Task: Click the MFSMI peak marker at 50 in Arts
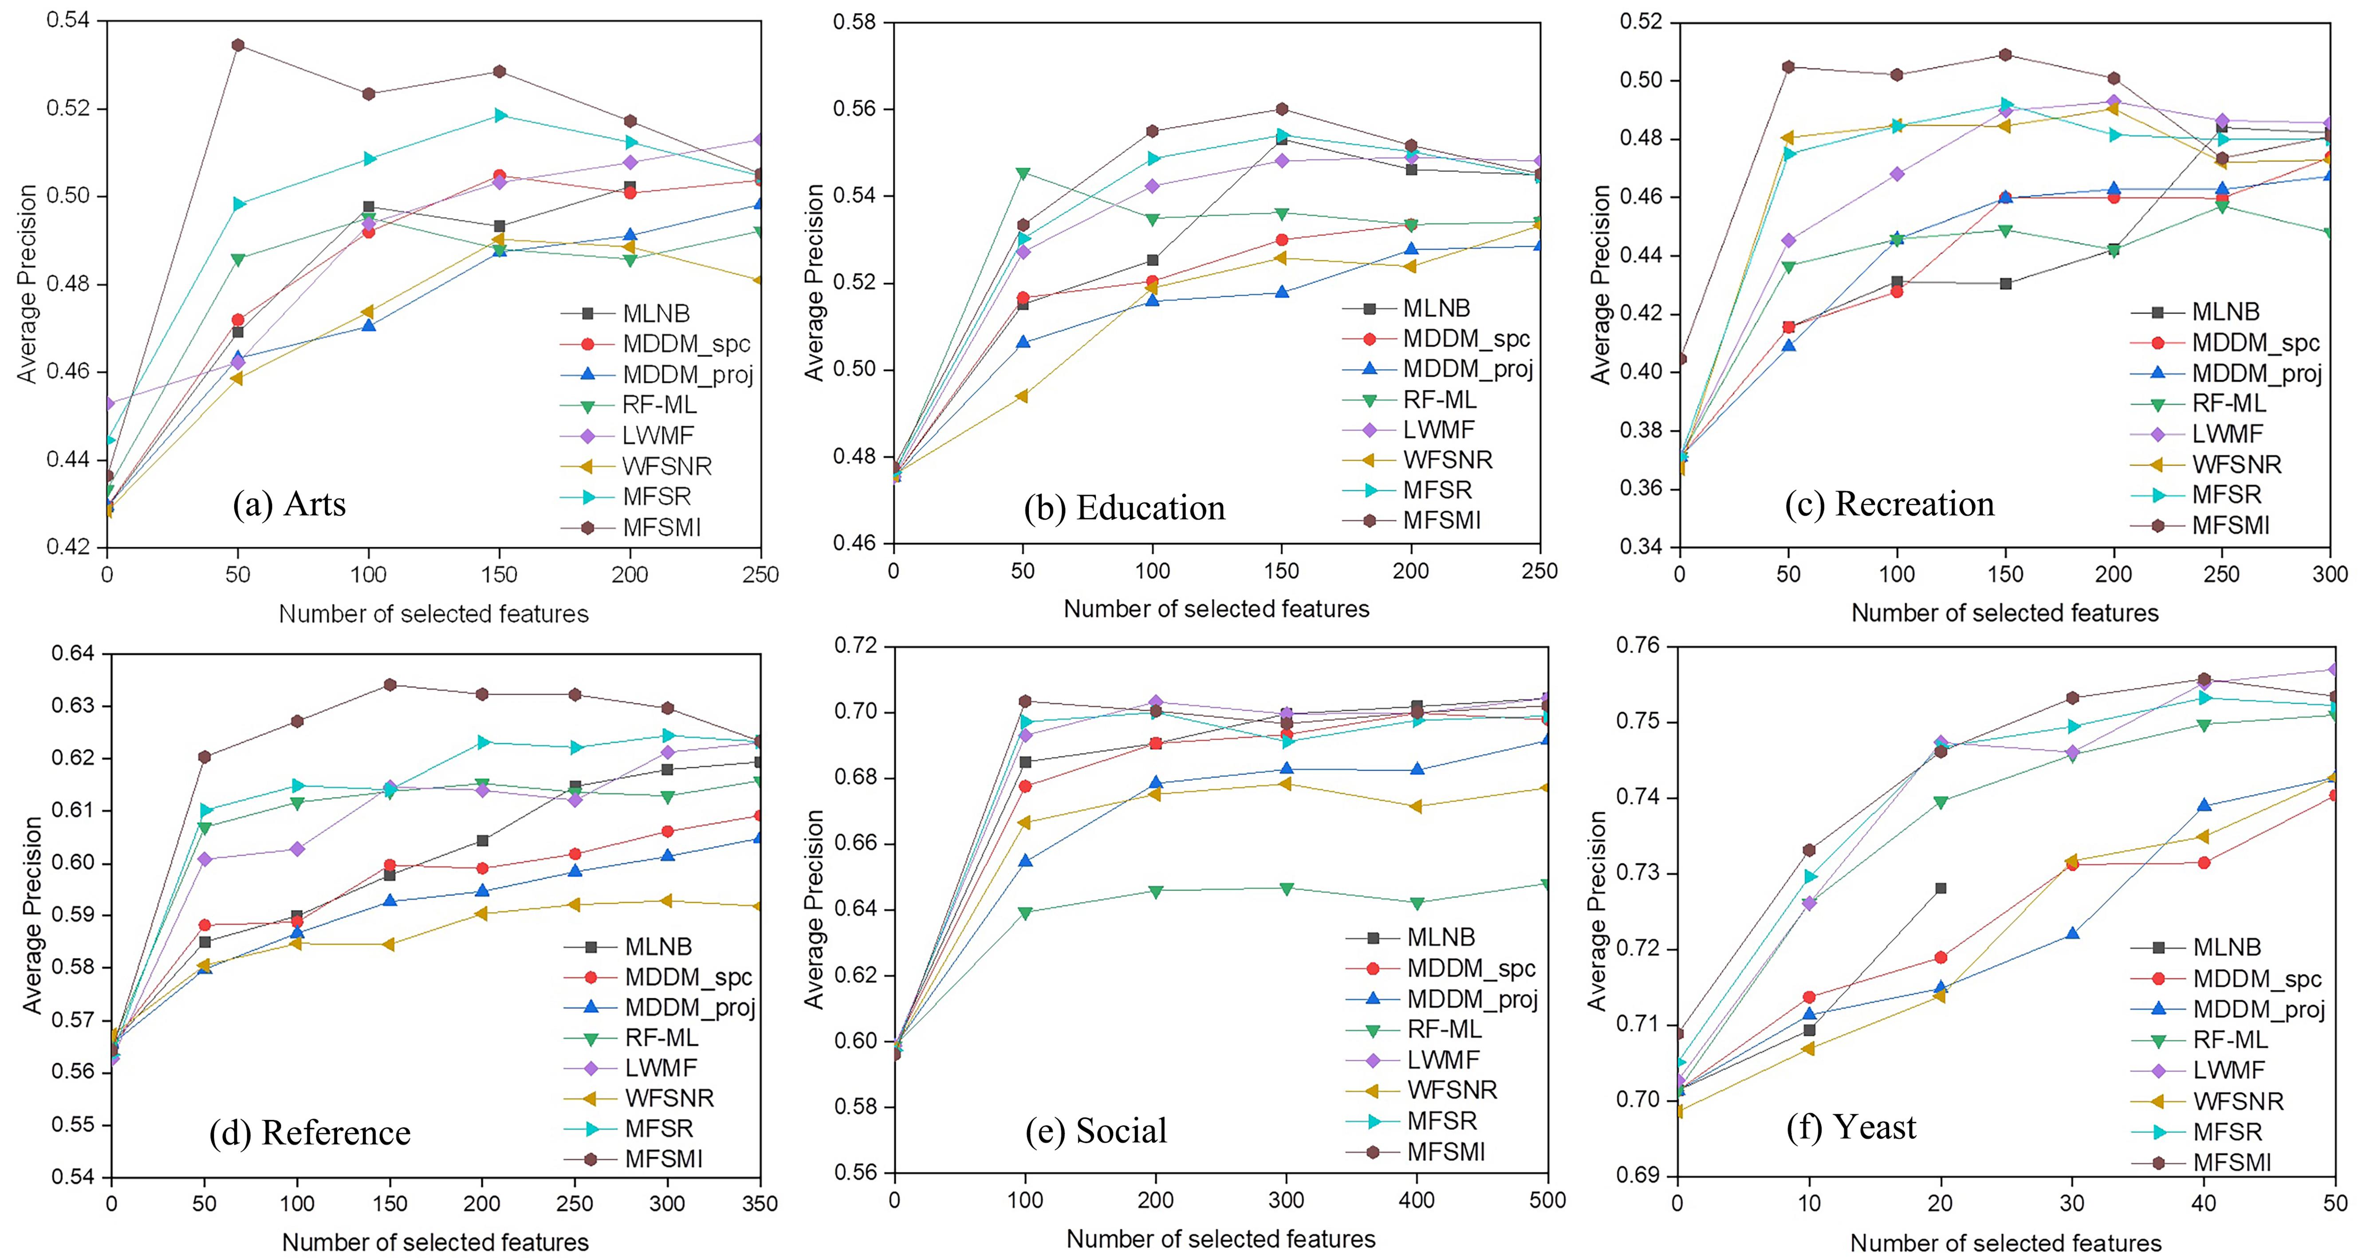coord(238,45)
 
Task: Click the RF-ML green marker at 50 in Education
coord(1023,173)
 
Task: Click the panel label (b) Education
coord(1124,508)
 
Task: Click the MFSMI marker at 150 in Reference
coord(390,685)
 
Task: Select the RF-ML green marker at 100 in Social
coord(1025,913)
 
